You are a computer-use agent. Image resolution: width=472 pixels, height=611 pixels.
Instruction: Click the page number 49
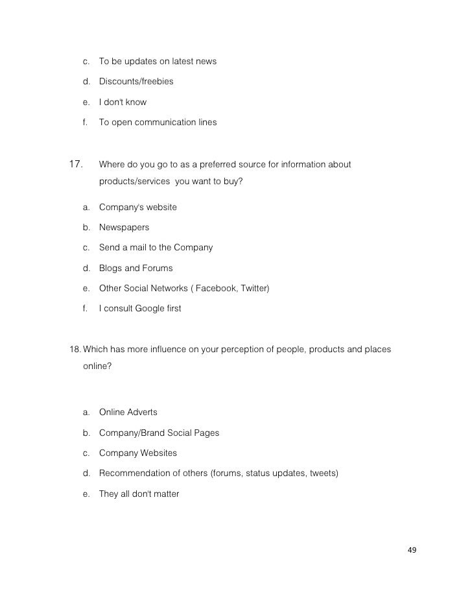coord(412,551)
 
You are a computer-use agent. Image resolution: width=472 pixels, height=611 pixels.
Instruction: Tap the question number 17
coord(77,164)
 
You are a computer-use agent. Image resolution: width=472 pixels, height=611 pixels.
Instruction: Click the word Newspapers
coord(124,228)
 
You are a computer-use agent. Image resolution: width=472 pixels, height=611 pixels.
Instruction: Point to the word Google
coord(151,309)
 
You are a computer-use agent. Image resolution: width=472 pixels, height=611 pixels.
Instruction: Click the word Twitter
coord(253,289)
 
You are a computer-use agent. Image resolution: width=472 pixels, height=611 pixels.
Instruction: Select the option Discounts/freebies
coord(136,82)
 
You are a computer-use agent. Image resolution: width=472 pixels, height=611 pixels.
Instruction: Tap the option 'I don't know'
coord(123,102)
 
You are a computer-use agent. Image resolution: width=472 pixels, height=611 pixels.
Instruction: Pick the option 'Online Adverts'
coord(128,413)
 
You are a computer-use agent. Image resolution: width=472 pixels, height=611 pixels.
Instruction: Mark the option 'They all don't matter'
coord(139,494)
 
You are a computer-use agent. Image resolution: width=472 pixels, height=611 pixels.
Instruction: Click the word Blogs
coord(111,268)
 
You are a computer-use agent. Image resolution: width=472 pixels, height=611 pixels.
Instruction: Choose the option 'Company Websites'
coord(137,453)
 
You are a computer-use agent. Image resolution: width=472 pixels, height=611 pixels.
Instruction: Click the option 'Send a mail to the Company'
coord(156,248)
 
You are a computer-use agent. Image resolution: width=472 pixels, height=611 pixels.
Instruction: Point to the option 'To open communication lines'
coord(158,122)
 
